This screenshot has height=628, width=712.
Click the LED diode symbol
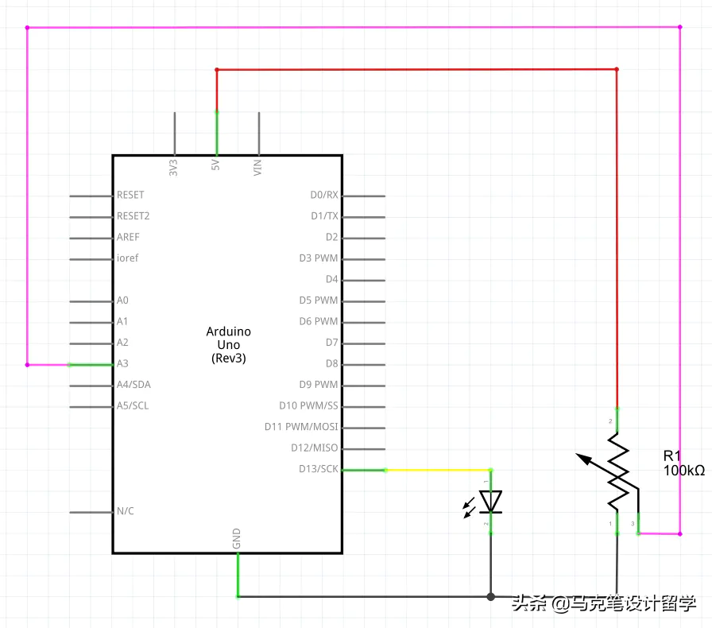point(491,501)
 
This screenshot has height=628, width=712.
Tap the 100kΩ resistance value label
point(683,471)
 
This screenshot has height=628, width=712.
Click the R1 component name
point(672,455)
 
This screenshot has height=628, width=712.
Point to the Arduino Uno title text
point(229,344)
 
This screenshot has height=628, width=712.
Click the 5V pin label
point(215,166)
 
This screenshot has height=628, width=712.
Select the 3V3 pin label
point(173,167)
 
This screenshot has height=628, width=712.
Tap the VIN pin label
point(257,167)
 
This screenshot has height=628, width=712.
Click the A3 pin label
point(122,364)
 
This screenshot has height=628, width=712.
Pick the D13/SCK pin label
point(318,469)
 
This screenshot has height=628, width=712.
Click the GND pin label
point(237,539)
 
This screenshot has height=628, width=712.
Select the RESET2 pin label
point(133,215)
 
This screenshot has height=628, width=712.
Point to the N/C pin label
point(126,511)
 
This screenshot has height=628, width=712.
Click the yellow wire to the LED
point(437,470)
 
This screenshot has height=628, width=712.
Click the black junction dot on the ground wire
point(491,596)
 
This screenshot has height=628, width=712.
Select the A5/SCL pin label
point(132,406)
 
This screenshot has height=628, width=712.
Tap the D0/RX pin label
point(324,195)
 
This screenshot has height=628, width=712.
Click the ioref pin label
point(127,258)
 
